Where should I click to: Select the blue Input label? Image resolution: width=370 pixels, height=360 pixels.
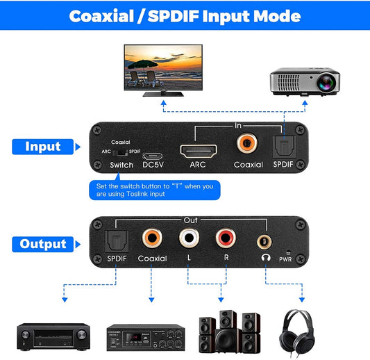[x=43, y=147]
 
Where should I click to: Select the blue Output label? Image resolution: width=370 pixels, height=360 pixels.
[x=43, y=244]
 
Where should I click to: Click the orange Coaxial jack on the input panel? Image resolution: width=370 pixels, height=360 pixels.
[x=246, y=144]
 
